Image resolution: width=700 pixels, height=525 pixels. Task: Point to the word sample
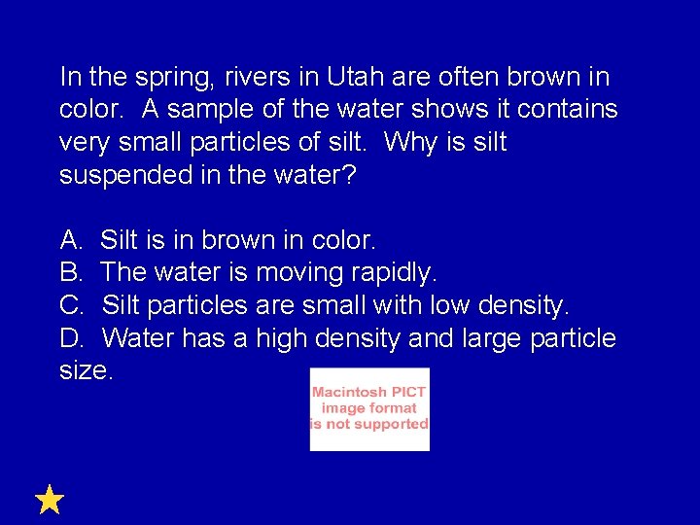pyautogui.click(x=178, y=110)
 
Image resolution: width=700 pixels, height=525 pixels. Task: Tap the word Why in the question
pyautogui.click(x=411, y=143)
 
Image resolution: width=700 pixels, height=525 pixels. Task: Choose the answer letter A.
pyautogui.click(x=70, y=239)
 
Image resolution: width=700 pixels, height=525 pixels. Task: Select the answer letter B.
pyautogui.click(x=70, y=272)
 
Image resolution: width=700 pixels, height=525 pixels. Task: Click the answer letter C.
pyautogui.click(x=71, y=305)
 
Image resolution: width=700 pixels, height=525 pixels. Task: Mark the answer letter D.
pyautogui.click(x=71, y=338)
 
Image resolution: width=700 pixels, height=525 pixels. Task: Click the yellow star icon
pyautogui.click(x=50, y=500)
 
